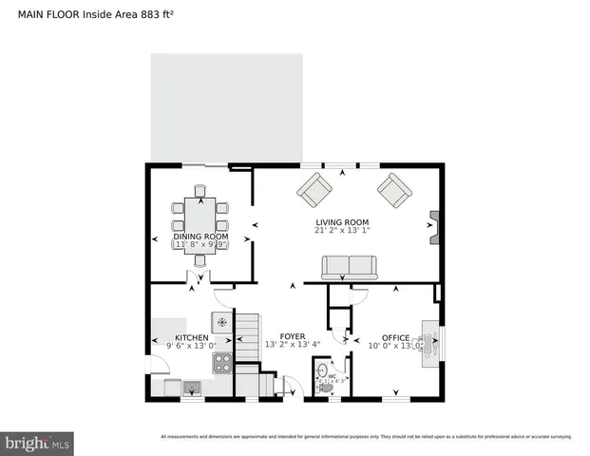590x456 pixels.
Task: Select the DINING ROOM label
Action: pyautogui.click(x=200, y=236)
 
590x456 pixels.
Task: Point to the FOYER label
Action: pyautogui.click(x=291, y=336)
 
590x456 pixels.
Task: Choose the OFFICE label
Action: pyautogui.click(x=394, y=337)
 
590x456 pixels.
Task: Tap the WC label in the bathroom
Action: pyautogui.click(x=333, y=376)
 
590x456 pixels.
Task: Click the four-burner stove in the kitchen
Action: pyautogui.click(x=221, y=362)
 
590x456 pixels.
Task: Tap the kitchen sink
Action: pyautogui.click(x=193, y=387)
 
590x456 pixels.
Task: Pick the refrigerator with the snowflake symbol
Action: pyautogui.click(x=221, y=322)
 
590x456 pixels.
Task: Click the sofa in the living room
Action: pyautogui.click(x=349, y=270)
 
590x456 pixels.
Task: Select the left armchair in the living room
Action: pyautogui.click(x=312, y=190)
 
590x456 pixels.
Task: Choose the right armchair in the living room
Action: pyautogui.click(x=393, y=190)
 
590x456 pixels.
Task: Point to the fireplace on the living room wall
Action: pyautogui.click(x=434, y=228)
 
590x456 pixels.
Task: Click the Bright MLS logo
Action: pyautogui.click(x=38, y=443)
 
